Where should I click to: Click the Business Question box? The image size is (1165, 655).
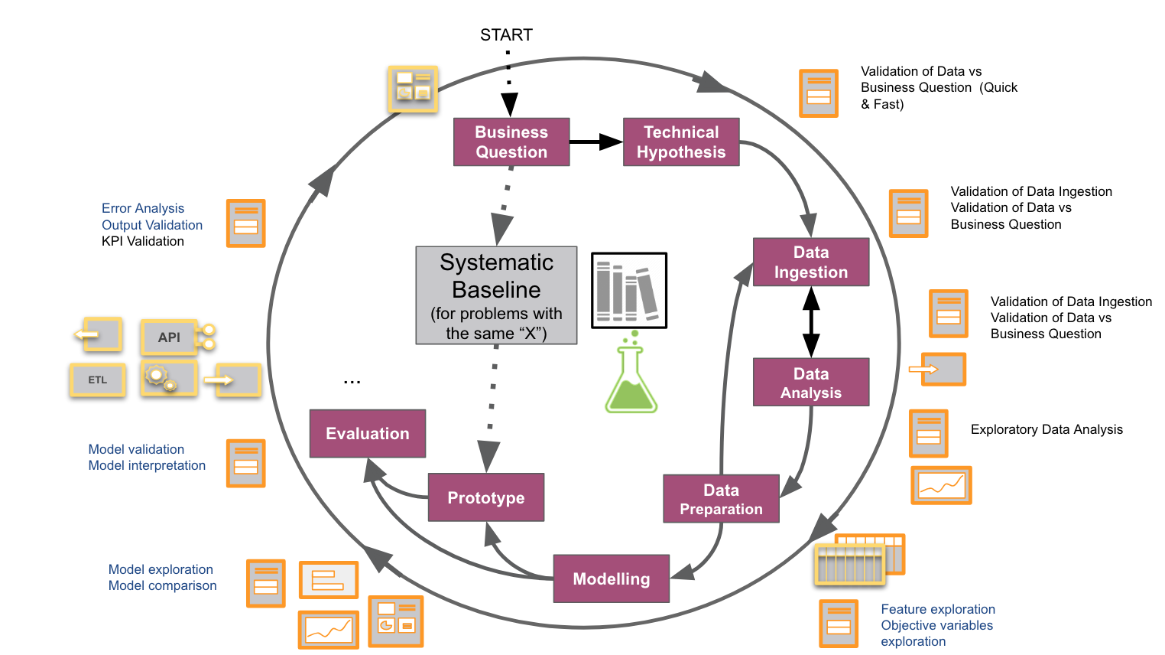click(x=511, y=142)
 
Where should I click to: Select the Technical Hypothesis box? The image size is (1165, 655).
click(x=681, y=142)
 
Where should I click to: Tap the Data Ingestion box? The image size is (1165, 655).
click(x=811, y=262)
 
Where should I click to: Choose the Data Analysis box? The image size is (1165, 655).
click(x=811, y=383)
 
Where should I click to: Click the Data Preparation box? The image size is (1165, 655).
click(x=721, y=499)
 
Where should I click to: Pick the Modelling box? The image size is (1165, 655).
click(x=612, y=578)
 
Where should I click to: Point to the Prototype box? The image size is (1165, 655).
click(x=486, y=497)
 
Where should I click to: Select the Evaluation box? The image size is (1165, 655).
click(x=368, y=434)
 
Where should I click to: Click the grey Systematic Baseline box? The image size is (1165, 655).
click(x=496, y=295)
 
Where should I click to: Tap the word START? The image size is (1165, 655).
click(x=506, y=35)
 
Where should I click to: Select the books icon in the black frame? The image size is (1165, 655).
click(x=629, y=291)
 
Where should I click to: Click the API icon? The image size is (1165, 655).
click(x=170, y=337)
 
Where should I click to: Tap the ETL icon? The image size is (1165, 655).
click(x=98, y=380)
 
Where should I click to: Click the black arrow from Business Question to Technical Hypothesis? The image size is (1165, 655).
click(x=596, y=142)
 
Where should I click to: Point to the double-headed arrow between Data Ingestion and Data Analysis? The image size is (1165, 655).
click(x=811, y=322)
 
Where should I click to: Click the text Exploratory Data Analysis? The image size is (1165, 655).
click(x=1047, y=429)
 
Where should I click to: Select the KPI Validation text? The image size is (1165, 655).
click(x=143, y=241)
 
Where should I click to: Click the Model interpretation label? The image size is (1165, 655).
click(x=147, y=465)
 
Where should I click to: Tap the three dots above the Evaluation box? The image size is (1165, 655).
click(x=352, y=381)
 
